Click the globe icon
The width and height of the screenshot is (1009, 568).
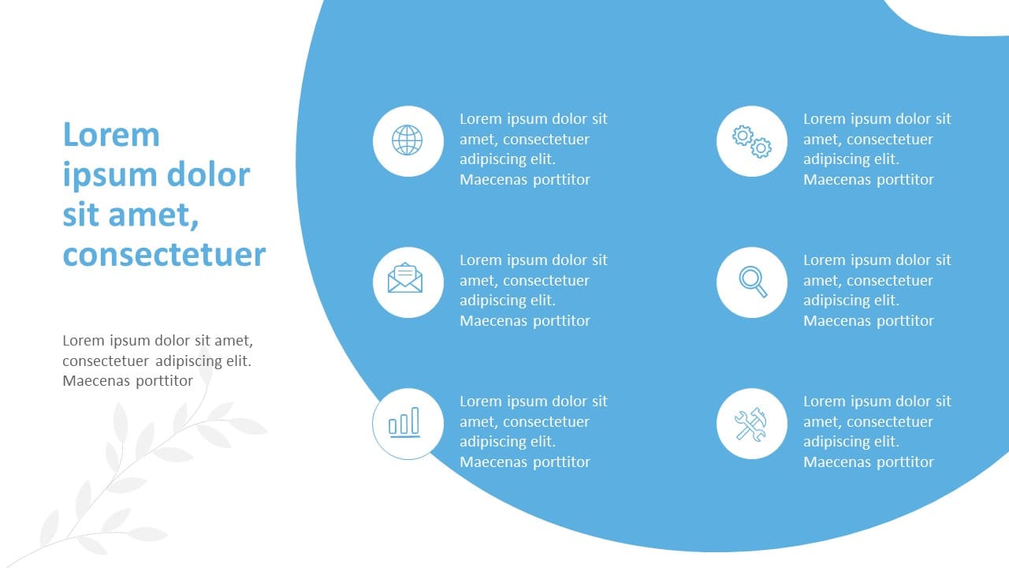tap(408, 140)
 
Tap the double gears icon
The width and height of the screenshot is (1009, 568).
tap(752, 142)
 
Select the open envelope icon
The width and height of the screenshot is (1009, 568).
tap(405, 278)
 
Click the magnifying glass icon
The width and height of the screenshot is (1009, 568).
tap(753, 282)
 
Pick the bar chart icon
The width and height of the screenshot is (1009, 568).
tap(404, 422)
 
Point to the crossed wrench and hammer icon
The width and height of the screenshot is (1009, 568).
tap(751, 424)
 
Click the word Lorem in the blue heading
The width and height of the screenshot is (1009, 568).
tap(111, 134)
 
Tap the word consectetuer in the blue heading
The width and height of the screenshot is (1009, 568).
tap(165, 255)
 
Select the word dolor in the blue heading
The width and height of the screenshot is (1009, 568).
tap(208, 174)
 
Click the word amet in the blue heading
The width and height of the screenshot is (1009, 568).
tap(154, 215)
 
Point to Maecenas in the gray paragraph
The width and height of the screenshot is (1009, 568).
tap(95, 380)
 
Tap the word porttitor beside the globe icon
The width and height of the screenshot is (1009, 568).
tap(561, 180)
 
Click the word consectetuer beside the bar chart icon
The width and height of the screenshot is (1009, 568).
tap(546, 422)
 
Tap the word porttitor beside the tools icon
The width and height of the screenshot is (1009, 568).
tap(905, 462)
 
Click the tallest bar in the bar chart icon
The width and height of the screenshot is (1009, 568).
tap(415, 420)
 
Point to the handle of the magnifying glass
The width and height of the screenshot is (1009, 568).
tap(761, 291)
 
